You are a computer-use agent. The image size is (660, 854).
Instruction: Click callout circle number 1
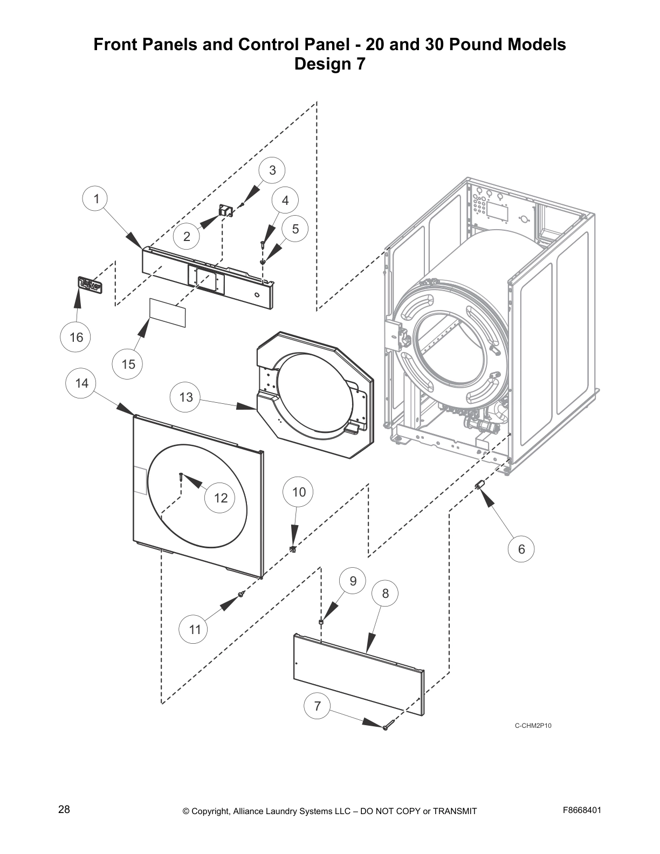tap(96, 199)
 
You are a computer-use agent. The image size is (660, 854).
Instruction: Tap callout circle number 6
tap(521, 549)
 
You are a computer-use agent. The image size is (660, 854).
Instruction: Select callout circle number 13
tap(185, 397)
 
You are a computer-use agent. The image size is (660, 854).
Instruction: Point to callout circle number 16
tap(76, 337)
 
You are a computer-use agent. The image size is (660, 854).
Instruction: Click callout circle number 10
tap(298, 492)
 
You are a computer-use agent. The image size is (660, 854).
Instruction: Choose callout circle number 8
tap(385, 593)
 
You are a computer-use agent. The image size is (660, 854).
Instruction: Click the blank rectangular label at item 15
tap(167, 313)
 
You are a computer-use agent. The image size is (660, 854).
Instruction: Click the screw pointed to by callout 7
tap(386, 728)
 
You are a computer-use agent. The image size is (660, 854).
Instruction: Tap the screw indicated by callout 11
tap(242, 594)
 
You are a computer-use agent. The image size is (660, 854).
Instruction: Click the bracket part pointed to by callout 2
tap(225, 210)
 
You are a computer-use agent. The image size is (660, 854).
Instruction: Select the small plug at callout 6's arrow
tap(478, 487)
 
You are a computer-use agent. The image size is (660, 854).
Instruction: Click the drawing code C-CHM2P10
tap(532, 726)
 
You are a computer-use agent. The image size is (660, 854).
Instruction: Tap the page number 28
tap(64, 810)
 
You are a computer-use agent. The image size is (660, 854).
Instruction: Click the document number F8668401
tap(582, 810)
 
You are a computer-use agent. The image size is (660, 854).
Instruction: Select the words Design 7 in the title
tap(329, 64)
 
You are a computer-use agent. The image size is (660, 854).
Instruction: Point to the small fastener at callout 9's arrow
tap(321, 622)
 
